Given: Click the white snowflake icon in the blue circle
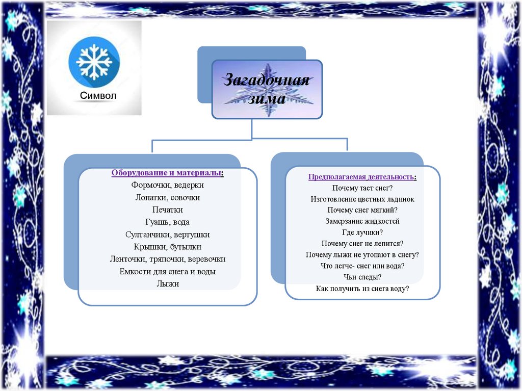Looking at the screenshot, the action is coord(94,61).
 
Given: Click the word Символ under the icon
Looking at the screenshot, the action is coord(98,96).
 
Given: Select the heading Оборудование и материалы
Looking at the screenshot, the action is coord(167,173).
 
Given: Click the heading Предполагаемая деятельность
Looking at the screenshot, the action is coord(362,177).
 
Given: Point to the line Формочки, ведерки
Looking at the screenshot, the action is coord(167,185).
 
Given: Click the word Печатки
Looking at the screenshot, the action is coord(167,210).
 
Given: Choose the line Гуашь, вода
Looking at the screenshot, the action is coord(167,222).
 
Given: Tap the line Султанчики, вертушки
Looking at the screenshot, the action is coord(167,234).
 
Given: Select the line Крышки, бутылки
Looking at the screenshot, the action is coord(167,247).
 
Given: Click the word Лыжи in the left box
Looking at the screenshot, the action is coord(167,283).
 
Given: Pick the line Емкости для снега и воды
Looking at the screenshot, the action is coord(167,271).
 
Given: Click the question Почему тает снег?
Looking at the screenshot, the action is coord(362,188).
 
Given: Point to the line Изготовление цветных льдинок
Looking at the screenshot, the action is coord(362,199).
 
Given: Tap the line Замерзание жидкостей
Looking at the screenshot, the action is coord(362,221).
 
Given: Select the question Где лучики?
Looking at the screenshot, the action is coord(362,232).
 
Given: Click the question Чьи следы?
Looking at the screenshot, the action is coord(362,277).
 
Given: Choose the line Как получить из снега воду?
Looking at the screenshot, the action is coord(362,289).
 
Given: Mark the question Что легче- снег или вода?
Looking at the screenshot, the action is coord(362,266).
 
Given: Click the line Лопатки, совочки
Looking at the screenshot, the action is coord(167,197).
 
